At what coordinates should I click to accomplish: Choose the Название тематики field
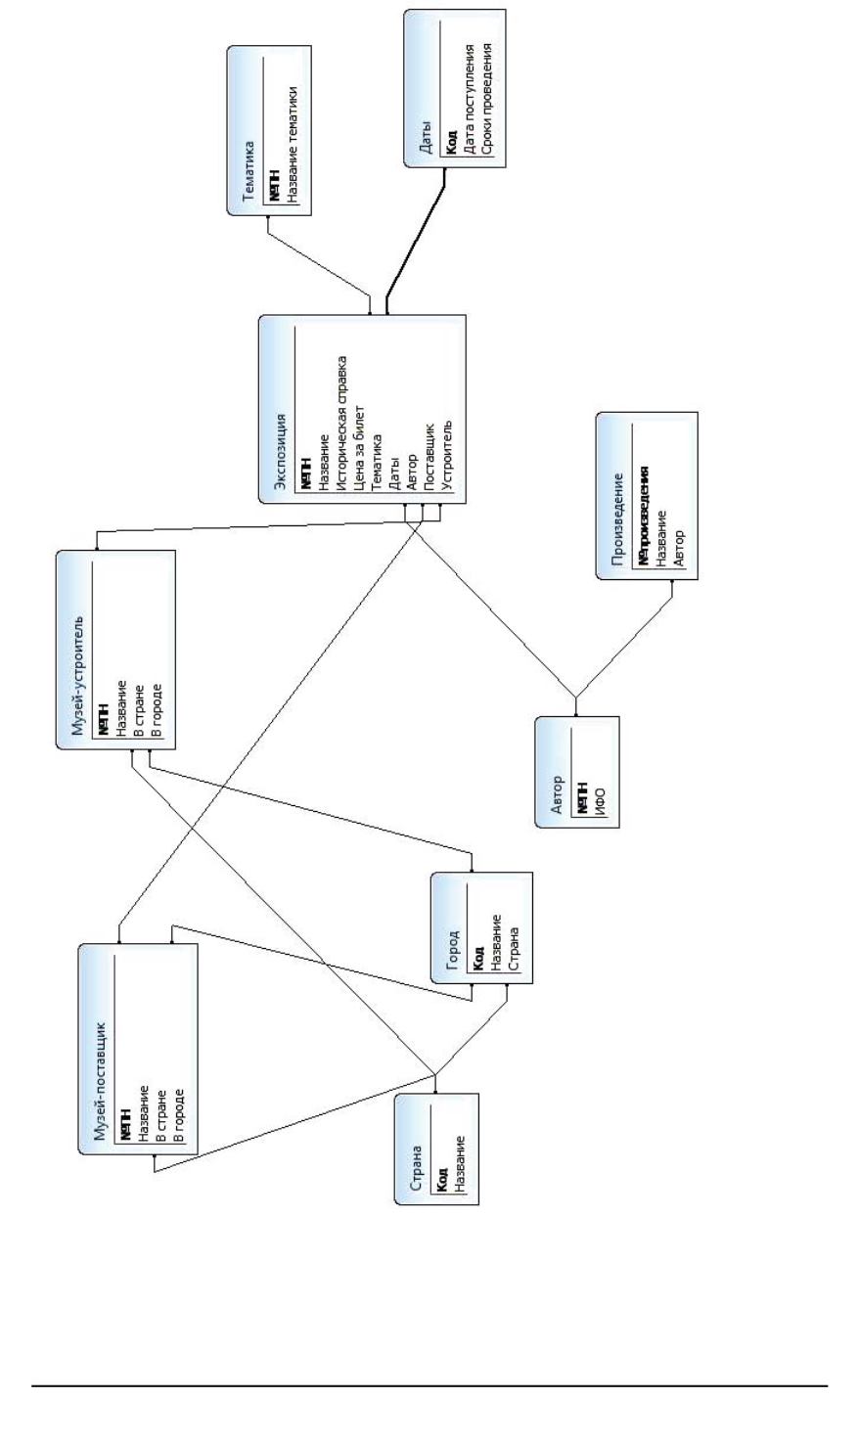[x=292, y=144]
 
